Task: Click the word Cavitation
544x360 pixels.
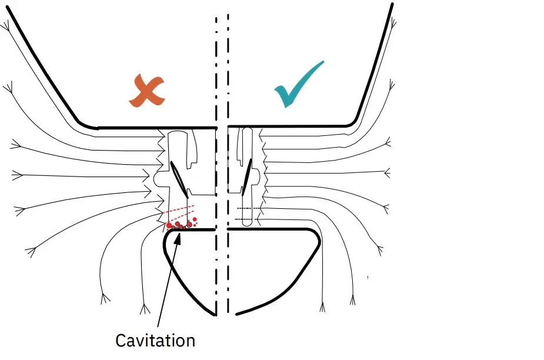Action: (155, 340)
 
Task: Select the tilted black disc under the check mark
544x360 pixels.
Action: (251, 179)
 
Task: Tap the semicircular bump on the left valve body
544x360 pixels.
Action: (158, 176)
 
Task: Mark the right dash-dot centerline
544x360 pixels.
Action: (228, 176)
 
